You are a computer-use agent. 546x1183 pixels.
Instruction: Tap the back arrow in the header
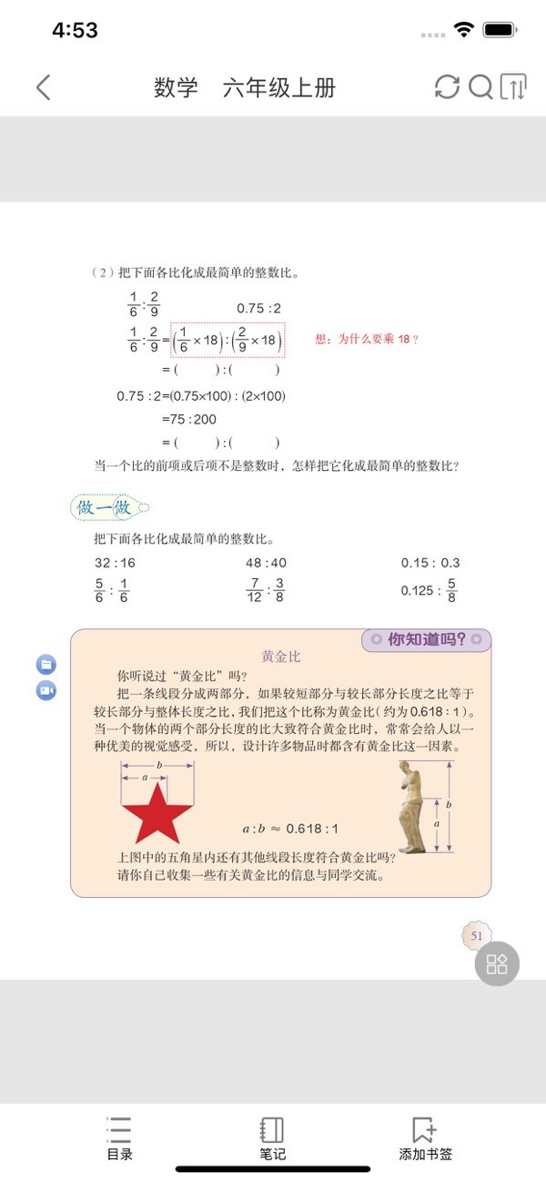pos(43,87)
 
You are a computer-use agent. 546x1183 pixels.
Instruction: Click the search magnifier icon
pos(480,87)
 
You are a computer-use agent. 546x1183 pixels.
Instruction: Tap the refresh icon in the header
pos(447,87)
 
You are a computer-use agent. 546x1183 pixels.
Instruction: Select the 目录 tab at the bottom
pos(119,1138)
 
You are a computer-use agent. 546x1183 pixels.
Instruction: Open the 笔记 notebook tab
pos(272,1138)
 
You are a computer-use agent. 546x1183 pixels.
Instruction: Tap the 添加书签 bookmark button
pos(425,1138)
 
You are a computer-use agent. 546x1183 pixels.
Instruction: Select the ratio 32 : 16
pos(115,563)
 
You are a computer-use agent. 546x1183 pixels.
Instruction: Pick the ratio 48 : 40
pos(266,563)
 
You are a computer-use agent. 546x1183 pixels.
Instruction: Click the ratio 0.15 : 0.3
pos(430,563)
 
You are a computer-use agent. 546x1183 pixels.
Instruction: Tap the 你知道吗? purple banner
pos(426,639)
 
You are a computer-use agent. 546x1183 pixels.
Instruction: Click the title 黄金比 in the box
pos(280,656)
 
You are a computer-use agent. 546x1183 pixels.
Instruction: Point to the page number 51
pos(477,935)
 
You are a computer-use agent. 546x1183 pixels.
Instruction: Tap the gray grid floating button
pos(497,964)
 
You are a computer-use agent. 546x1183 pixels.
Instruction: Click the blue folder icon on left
pos(46,664)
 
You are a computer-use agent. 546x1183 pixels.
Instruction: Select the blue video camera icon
pos(46,690)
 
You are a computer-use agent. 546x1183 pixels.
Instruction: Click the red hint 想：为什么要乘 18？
pos(367,339)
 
